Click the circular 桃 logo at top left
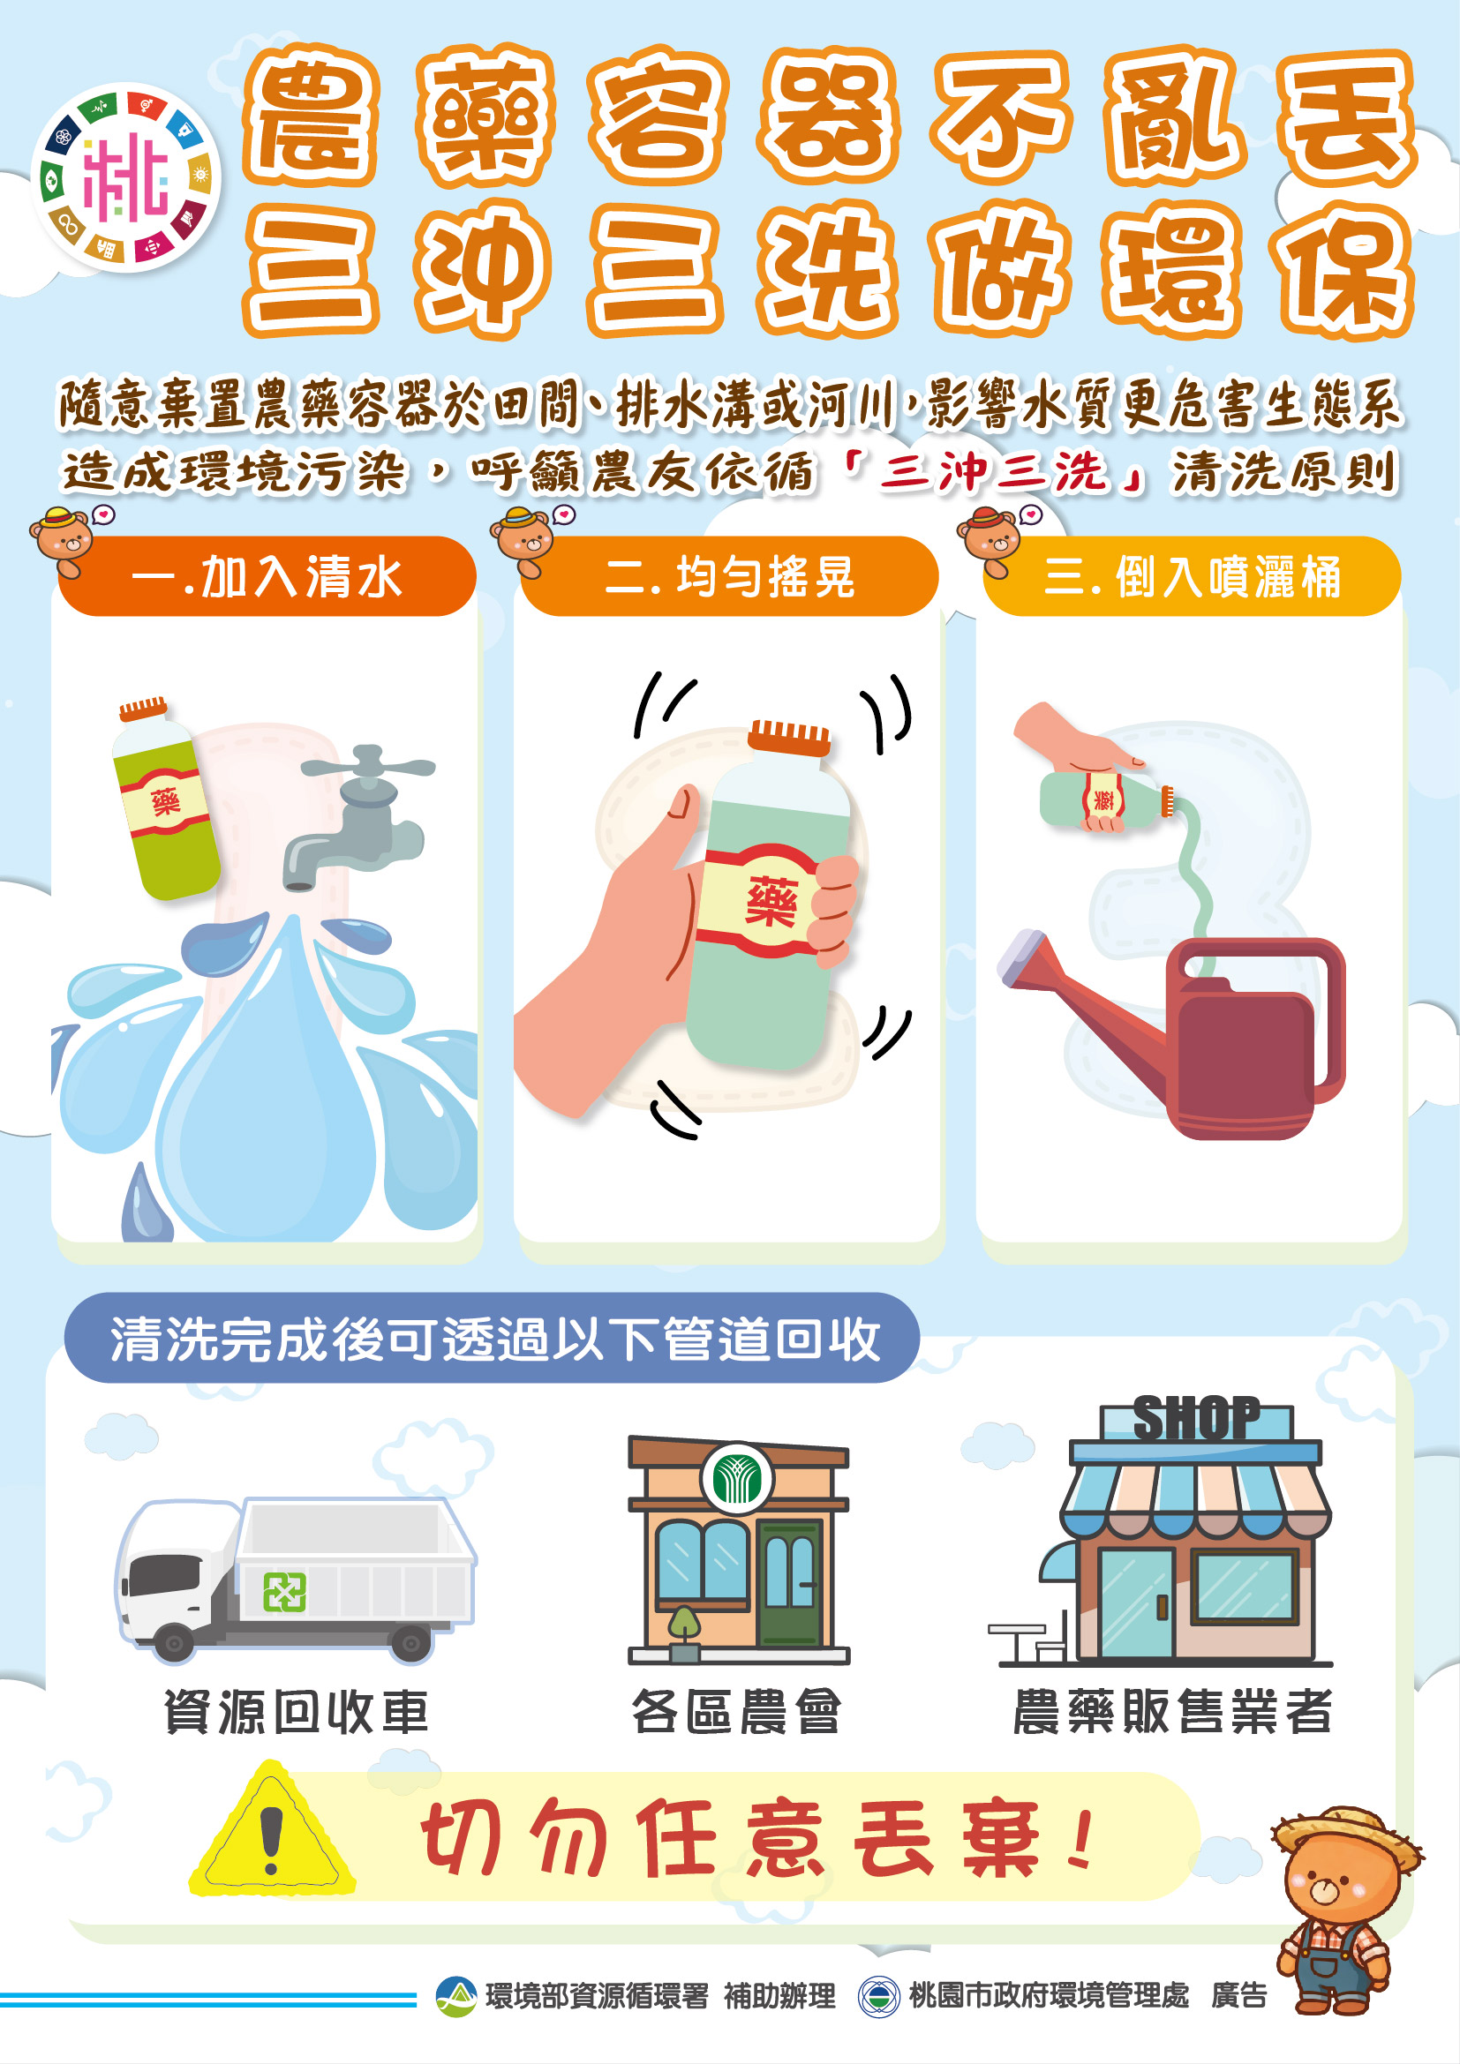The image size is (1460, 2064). click(x=126, y=178)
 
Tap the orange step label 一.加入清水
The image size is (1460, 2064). click(x=266, y=577)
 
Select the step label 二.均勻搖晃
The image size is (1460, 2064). click(x=729, y=577)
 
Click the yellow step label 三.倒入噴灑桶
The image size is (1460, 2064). click(x=1192, y=577)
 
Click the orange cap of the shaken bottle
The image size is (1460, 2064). click(x=790, y=736)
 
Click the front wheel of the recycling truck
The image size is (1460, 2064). click(x=174, y=1643)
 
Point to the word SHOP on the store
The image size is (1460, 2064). click(x=1196, y=1420)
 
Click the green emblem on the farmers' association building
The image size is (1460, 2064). click(x=736, y=1479)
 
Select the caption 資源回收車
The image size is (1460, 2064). click(x=296, y=1712)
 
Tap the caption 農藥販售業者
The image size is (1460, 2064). click(x=1171, y=1711)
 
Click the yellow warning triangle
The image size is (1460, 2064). click(x=272, y=1833)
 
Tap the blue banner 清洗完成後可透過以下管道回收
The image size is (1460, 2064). click(x=493, y=1339)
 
